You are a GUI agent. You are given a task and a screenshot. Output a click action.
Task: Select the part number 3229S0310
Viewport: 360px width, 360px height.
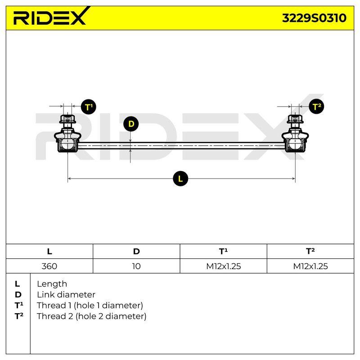314,18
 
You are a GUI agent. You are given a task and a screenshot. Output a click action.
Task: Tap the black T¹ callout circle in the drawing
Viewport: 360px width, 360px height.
88,107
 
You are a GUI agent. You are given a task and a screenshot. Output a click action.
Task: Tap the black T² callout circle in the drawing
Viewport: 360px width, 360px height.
316,107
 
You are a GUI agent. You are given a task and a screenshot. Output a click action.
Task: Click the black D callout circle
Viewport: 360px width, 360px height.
131,124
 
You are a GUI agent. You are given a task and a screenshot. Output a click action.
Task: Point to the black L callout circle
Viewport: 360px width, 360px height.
180,178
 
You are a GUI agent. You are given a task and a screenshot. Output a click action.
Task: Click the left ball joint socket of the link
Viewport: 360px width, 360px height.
67,143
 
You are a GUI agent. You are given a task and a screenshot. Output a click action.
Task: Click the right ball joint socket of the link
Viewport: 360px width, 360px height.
295,143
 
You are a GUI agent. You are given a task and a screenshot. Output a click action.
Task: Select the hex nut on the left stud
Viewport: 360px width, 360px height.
67,119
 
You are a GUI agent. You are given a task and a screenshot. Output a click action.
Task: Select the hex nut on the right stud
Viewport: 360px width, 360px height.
295,119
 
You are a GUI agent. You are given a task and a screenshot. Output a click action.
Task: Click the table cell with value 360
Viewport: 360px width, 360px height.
49,266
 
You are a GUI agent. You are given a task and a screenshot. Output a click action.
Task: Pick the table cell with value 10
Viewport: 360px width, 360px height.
136,266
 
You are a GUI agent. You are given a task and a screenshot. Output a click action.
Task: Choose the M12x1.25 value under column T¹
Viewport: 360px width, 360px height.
223,266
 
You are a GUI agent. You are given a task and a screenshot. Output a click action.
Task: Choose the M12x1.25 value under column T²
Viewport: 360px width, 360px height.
310,266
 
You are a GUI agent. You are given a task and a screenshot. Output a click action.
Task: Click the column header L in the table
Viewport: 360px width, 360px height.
49,252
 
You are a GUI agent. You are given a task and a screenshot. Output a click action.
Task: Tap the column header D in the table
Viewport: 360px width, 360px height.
136,252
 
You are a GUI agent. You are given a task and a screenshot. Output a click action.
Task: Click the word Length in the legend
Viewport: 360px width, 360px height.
52,284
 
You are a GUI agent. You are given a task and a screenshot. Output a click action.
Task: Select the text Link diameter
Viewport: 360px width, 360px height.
66,295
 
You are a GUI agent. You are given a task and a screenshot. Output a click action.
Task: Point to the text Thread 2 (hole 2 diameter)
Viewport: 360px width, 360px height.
92,316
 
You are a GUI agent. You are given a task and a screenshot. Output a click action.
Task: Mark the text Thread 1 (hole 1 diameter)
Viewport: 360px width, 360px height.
90,306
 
